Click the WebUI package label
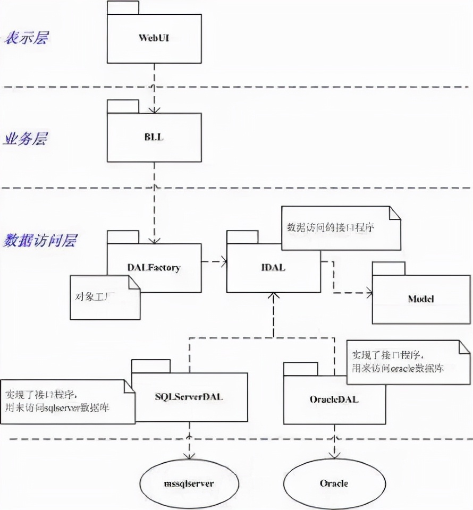coord(154,38)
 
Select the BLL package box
coord(154,137)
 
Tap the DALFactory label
coord(154,268)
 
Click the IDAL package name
coord(273,268)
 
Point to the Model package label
coord(421,299)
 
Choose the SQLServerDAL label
coord(189,398)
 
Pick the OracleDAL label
coord(334,399)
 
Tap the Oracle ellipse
coord(334,483)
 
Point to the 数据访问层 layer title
coord(40,240)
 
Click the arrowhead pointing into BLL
coord(154,109)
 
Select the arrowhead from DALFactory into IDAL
coord(223,261)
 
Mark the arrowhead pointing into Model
coord(368,292)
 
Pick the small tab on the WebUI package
coord(123,8)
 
